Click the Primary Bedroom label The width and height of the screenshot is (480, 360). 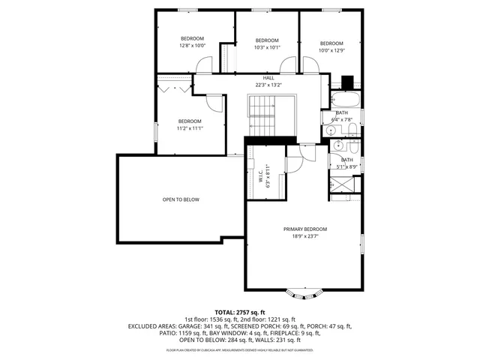click(304, 229)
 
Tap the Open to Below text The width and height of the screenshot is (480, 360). click(181, 199)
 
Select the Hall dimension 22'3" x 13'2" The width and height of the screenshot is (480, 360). click(268, 85)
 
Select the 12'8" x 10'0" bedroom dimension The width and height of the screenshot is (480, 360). click(192, 46)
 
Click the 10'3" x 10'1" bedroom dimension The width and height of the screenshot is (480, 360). click(267, 47)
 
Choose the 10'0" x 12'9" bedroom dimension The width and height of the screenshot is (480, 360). click(331, 50)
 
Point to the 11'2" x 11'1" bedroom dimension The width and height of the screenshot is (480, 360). click(190, 128)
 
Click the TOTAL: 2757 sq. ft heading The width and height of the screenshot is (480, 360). click(240, 312)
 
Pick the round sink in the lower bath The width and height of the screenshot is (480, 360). click(339, 145)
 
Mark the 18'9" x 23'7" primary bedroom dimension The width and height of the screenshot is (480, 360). click(304, 236)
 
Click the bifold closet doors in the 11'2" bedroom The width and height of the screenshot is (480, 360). click(174, 87)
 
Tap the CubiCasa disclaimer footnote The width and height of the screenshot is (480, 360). click(240, 349)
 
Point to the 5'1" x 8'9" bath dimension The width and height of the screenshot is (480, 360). click(347, 166)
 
